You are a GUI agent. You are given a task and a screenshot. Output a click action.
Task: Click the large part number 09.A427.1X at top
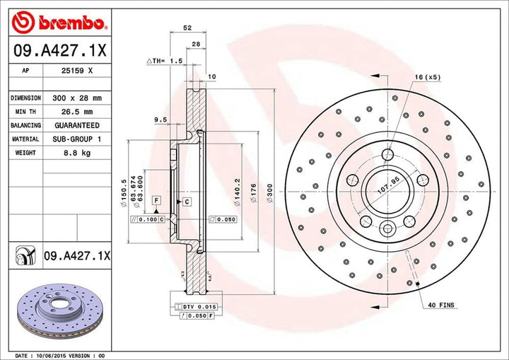click(x=58, y=52)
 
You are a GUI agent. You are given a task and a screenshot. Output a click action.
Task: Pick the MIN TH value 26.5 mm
click(x=78, y=112)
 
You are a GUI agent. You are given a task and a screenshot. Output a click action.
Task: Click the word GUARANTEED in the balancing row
click(x=78, y=125)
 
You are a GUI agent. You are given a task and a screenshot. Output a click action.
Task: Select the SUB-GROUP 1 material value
click(x=78, y=139)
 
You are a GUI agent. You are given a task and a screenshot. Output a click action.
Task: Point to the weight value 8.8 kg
click(x=78, y=153)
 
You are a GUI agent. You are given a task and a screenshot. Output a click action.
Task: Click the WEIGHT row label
click(x=24, y=153)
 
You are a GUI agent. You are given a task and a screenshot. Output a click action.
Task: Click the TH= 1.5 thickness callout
click(x=165, y=62)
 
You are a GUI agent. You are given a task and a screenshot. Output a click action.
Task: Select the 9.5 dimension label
click(x=160, y=121)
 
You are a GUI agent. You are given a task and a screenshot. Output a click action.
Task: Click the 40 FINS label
click(x=442, y=305)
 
